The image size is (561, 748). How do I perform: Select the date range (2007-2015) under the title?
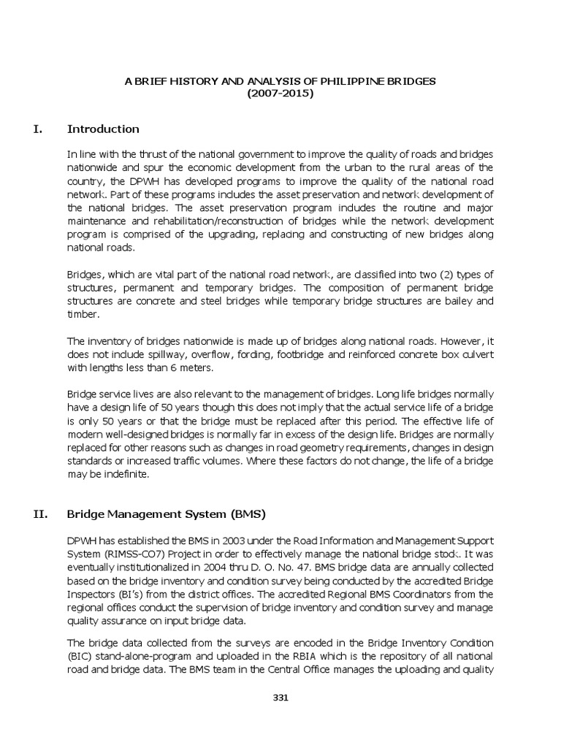(280, 93)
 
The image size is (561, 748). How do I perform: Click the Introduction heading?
(103, 129)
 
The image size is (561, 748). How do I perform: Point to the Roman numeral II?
(40, 514)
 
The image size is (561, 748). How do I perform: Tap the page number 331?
(280, 697)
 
